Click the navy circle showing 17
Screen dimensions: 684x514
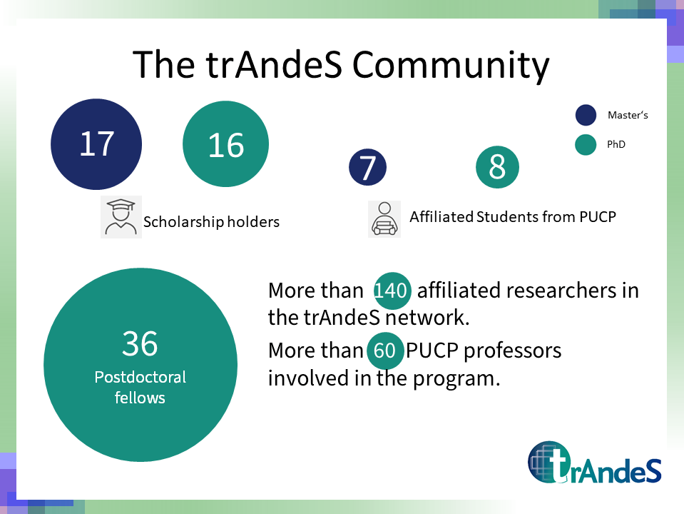click(96, 144)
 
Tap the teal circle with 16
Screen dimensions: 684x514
click(225, 144)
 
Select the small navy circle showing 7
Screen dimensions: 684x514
click(368, 167)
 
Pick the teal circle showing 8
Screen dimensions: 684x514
click(497, 167)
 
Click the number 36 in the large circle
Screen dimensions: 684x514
click(140, 343)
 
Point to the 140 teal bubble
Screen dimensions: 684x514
click(392, 291)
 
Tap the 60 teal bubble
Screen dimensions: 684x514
click(384, 351)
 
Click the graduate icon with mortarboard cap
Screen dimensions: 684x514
click(121, 217)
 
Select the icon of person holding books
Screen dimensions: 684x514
click(384, 219)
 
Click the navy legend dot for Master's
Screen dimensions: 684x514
click(586, 115)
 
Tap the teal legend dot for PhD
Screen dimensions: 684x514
click(586, 144)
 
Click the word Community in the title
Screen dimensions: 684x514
click(451, 65)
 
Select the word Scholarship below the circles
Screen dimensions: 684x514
click(183, 222)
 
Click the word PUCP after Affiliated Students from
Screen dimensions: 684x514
click(598, 216)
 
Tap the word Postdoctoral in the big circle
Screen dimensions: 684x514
click(140, 377)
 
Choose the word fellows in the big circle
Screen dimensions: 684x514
click(140, 398)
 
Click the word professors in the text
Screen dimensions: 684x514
click(513, 351)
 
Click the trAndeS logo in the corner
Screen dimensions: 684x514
click(595, 463)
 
